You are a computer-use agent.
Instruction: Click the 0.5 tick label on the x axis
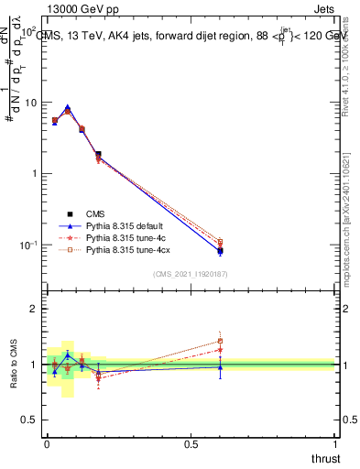(x=191, y=445)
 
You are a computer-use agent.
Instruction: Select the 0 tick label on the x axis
(x=47, y=445)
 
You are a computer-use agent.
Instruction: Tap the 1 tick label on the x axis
(x=336, y=445)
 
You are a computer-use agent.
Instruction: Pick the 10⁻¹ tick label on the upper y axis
(x=27, y=245)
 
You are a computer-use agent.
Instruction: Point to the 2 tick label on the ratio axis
(x=35, y=310)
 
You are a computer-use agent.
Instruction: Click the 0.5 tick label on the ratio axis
(x=30, y=420)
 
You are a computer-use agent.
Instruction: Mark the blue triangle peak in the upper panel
(x=68, y=107)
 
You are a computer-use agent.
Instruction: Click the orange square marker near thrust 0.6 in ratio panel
(x=220, y=341)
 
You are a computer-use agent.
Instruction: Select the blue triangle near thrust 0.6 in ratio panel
(x=220, y=367)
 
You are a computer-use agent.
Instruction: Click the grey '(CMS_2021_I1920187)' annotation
(x=190, y=274)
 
